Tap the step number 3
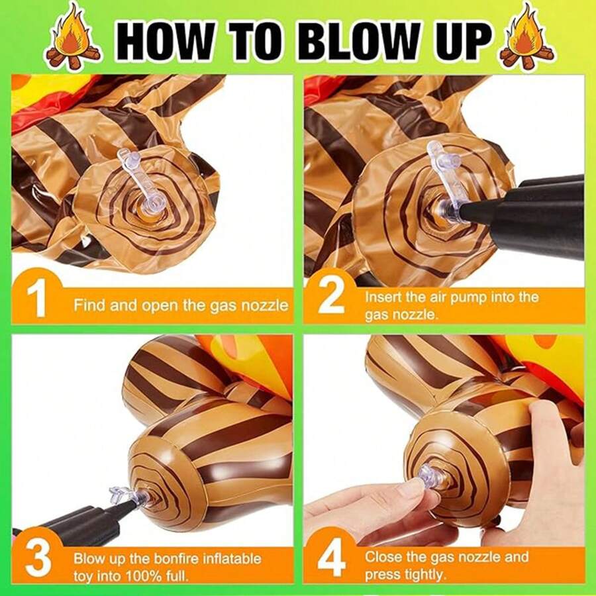point(38,558)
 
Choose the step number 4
point(331,558)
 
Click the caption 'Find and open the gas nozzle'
point(181,306)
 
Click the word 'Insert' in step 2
point(383,297)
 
